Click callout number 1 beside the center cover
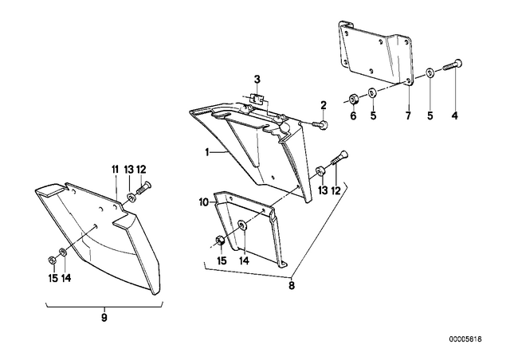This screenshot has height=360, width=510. coord(207,152)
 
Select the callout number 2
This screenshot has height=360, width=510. coord(324,105)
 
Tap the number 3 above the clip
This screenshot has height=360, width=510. coord(257,80)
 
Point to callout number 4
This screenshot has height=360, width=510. coord(455,115)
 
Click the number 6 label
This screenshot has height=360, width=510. coord(353,115)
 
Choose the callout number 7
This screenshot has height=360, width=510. coord(408,115)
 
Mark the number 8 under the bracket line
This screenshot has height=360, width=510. coord(292,286)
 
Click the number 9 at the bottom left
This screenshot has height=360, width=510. coord(104,318)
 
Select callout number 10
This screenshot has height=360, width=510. coord(204,203)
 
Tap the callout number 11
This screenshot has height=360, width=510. coord(115,169)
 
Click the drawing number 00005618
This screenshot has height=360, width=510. coord(465,339)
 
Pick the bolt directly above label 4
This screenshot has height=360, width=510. coord(453,65)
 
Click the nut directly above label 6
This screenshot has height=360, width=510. coord(353,98)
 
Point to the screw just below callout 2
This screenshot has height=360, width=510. coord(320,124)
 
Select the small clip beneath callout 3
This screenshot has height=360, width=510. coord(257,99)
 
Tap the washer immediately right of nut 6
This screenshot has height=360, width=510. coord(372,92)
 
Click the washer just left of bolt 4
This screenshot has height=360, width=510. coord(430,72)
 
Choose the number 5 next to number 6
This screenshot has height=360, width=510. coord(373,115)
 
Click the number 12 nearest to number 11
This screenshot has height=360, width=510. coord(141,169)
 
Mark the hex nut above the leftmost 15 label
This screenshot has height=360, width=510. coord(51,260)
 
